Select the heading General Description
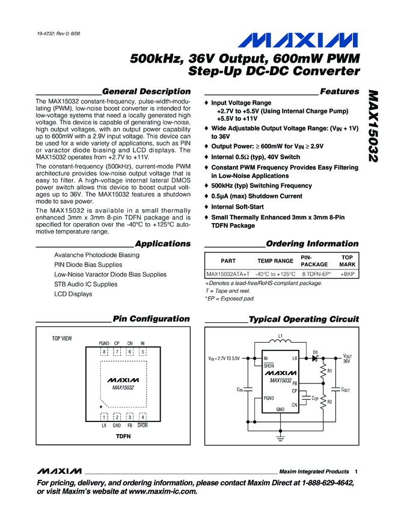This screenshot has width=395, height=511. [147, 91]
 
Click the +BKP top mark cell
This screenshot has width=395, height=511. [347, 274]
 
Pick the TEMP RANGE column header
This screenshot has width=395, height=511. [275, 261]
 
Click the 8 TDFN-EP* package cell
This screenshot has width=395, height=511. [316, 274]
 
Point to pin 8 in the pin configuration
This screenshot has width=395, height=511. [104, 351]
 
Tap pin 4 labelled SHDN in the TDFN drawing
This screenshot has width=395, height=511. [142, 417]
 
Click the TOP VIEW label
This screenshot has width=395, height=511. [61, 338]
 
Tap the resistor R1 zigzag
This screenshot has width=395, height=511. [324, 372]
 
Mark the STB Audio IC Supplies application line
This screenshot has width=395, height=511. [86, 284]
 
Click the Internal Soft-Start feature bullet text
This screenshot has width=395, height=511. [237, 206]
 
